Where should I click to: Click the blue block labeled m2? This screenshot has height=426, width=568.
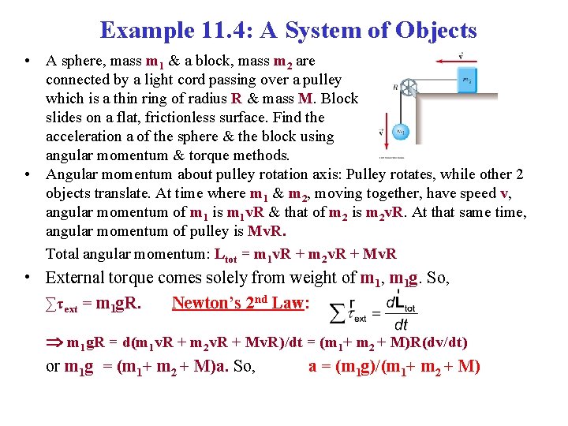pyautogui.click(x=468, y=80)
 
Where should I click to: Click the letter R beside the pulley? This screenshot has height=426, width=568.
pyautogui.click(x=394, y=88)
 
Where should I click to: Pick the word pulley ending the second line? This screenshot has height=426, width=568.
pyautogui.click(x=322, y=80)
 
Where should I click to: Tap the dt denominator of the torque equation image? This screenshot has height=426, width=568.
pyautogui.click(x=401, y=324)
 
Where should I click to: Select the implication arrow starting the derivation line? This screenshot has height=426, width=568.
pyautogui.click(x=54, y=342)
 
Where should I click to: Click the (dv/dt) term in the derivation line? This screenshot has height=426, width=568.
pyautogui.click(x=443, y=342)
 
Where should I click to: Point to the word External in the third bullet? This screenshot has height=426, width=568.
pyautogui.click(x=77, y=278)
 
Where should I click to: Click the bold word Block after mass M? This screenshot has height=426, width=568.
pyautogui.click(x=341, y=99)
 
